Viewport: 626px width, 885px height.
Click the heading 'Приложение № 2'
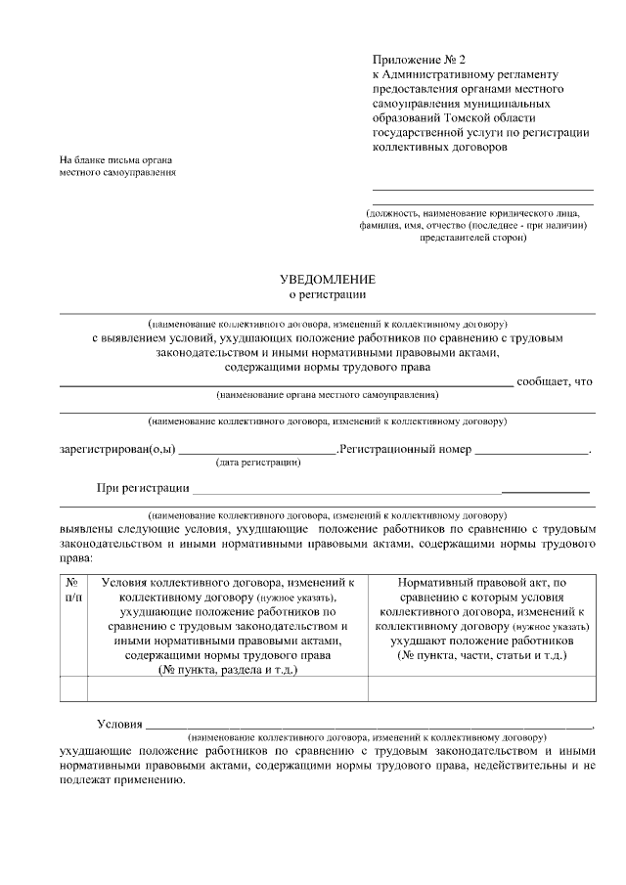(415, 60)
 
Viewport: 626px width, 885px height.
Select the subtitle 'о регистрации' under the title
(328, 294)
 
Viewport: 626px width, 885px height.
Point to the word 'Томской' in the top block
(490, 115)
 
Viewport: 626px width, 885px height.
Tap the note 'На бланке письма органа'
(115, 159)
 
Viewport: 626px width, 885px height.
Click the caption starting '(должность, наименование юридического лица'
(473, 212)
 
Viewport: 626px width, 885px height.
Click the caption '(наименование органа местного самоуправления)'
(328, 395)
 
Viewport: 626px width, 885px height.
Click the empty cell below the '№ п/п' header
(73, 689)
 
